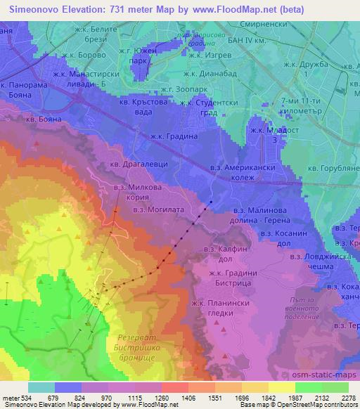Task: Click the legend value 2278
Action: [349, 398]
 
